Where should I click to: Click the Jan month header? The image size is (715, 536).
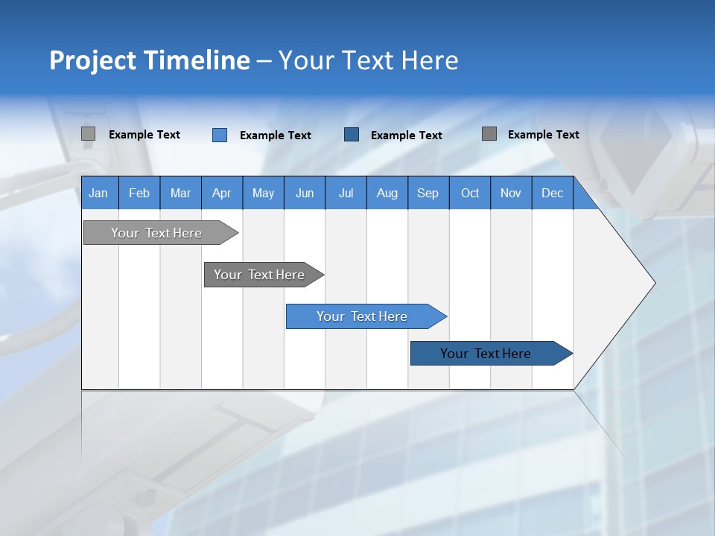98,193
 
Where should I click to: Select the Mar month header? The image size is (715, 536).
180,193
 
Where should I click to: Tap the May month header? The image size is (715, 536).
263,193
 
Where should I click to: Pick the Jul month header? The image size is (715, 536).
346,193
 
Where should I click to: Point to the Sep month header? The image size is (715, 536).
428,193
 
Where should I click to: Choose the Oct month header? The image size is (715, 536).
470,193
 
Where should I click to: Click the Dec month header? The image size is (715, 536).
552,193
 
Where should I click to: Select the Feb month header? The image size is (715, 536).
139,193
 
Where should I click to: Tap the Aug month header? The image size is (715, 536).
387,193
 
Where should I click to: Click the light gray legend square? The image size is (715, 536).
88,134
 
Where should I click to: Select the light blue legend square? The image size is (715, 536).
220,135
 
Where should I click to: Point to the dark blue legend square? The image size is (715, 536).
352,135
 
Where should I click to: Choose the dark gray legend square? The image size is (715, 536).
489,134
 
